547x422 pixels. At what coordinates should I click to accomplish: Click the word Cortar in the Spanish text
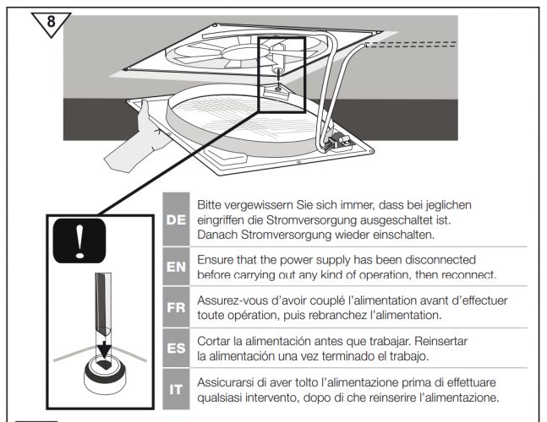click(x=215, y=341)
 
